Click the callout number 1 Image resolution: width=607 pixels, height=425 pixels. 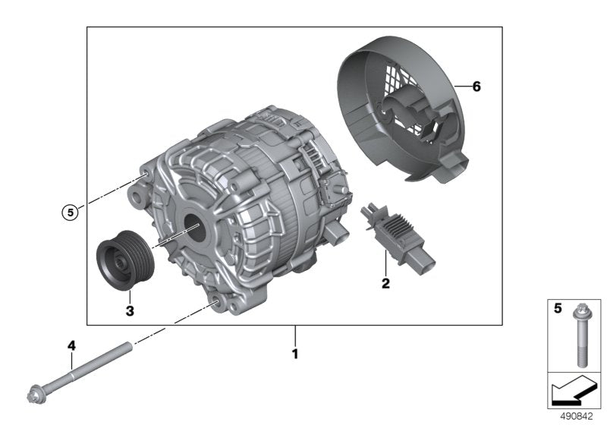pos(296,354)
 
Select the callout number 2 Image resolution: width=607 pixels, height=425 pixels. pos(385,284)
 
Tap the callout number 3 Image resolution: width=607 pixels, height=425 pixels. pos(130,310)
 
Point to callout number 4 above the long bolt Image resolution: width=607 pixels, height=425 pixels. pos(72,345)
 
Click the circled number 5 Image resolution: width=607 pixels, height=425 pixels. pos(70,212)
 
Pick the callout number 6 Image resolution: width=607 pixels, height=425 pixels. pos(476,87)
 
